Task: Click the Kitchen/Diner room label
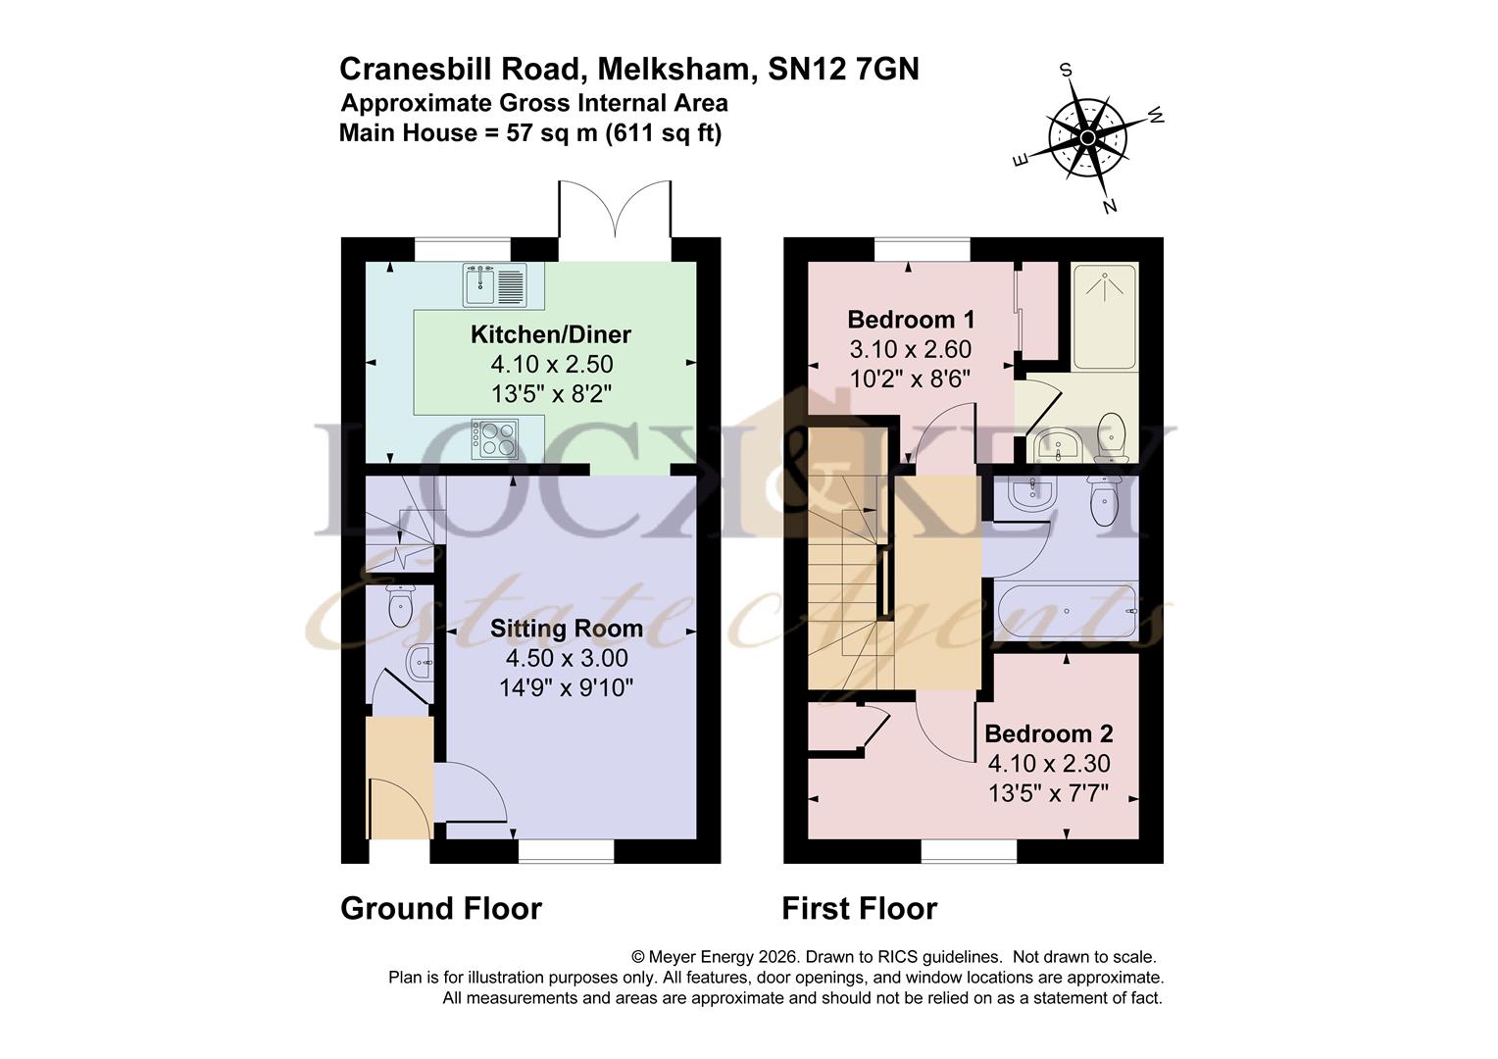tap(550, 334)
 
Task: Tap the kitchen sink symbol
tap(495, 285)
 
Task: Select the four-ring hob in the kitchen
tap(495, 439)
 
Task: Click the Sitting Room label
tap(567, 629)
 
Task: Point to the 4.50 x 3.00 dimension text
tap(567, 658)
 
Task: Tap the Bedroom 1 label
tap(910, 320)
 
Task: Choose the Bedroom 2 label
tap(1049, 733)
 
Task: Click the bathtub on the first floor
tap(1066, 612)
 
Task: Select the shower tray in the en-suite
tap(1104, 316)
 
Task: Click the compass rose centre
tap(1087, 138)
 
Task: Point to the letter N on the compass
tap(1110, 207)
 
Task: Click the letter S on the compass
tap(1066, 70)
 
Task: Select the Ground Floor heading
tap(441, 908)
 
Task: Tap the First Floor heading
tap(860, 908)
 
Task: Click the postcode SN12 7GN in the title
tap(843, 69)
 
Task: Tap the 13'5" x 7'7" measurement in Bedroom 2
tap(1049, 793)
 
